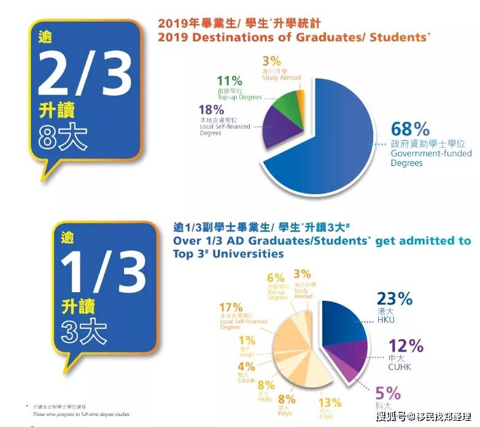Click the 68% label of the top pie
411,130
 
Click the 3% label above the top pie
271,61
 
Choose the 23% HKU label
395,298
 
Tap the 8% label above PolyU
286,399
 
